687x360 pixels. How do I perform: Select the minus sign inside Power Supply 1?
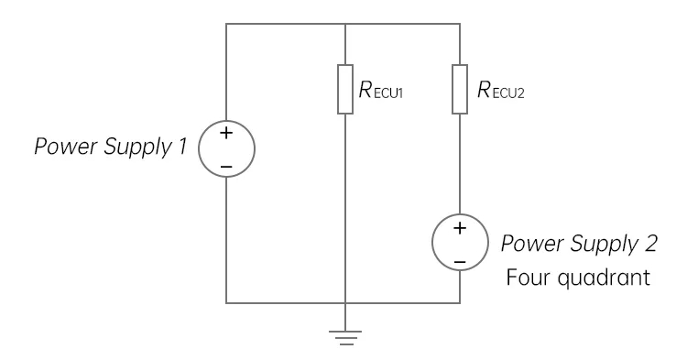pyautogui.click(x=225, y=166)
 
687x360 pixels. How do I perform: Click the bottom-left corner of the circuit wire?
pyautogui.click(x=225, y=301)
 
